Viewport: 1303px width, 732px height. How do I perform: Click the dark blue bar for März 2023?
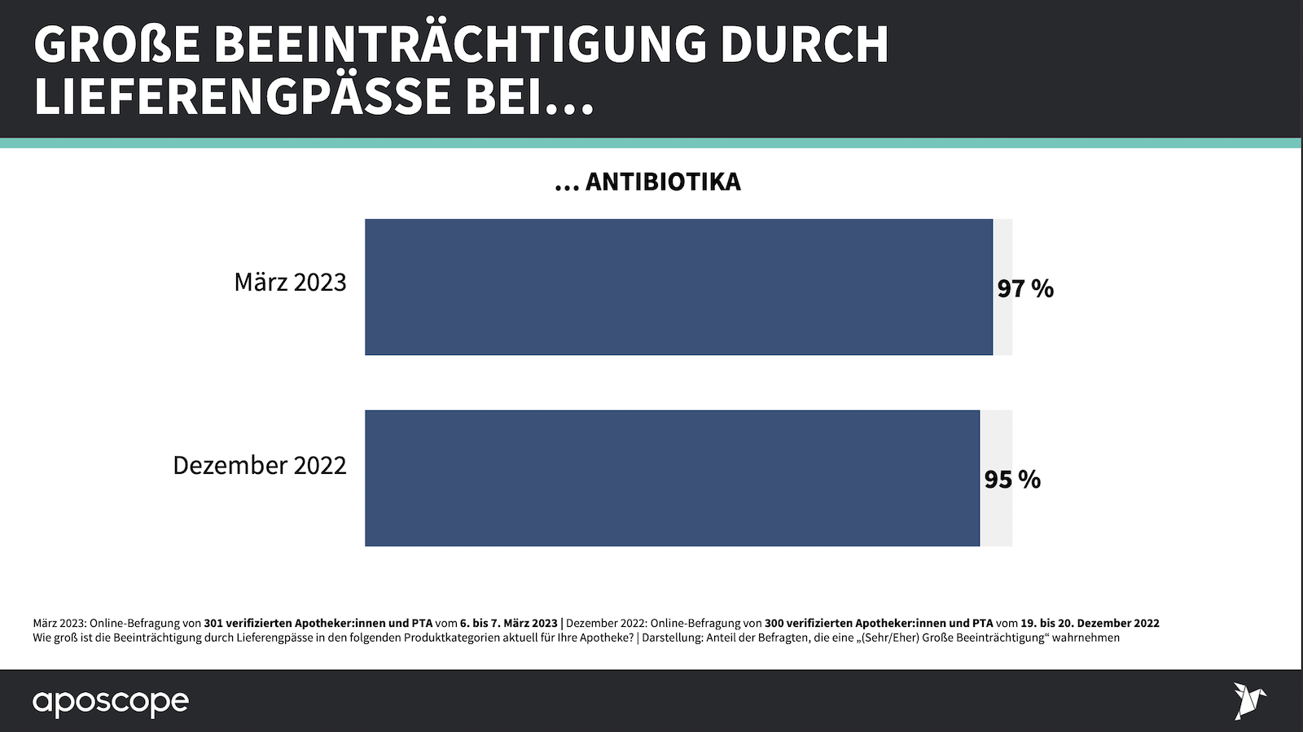(678, 287)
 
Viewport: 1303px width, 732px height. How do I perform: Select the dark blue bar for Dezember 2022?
(672, 478)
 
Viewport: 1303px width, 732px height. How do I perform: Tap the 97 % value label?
(1025, 288)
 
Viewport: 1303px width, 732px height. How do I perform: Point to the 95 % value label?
(1012, 480)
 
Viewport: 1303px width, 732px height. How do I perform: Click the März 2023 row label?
(290, 282)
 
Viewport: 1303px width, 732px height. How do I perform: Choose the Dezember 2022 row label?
(259, 465)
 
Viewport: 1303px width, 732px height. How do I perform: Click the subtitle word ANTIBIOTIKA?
(663, 182)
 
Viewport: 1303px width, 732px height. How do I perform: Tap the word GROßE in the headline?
(116, 45)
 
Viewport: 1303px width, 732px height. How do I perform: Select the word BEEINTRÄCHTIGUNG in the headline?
(460, 45)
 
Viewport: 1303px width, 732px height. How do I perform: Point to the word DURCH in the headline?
(805, 45)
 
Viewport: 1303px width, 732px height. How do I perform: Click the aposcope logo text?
(111, 702)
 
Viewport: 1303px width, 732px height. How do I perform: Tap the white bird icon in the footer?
(1248, 700)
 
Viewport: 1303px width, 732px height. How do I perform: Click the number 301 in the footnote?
(213, 623)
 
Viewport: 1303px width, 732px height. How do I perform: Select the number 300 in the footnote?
(774, 623)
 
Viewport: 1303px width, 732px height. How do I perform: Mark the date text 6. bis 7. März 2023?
(509, 623)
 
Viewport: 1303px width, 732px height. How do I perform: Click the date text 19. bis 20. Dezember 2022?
(1090, 623)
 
